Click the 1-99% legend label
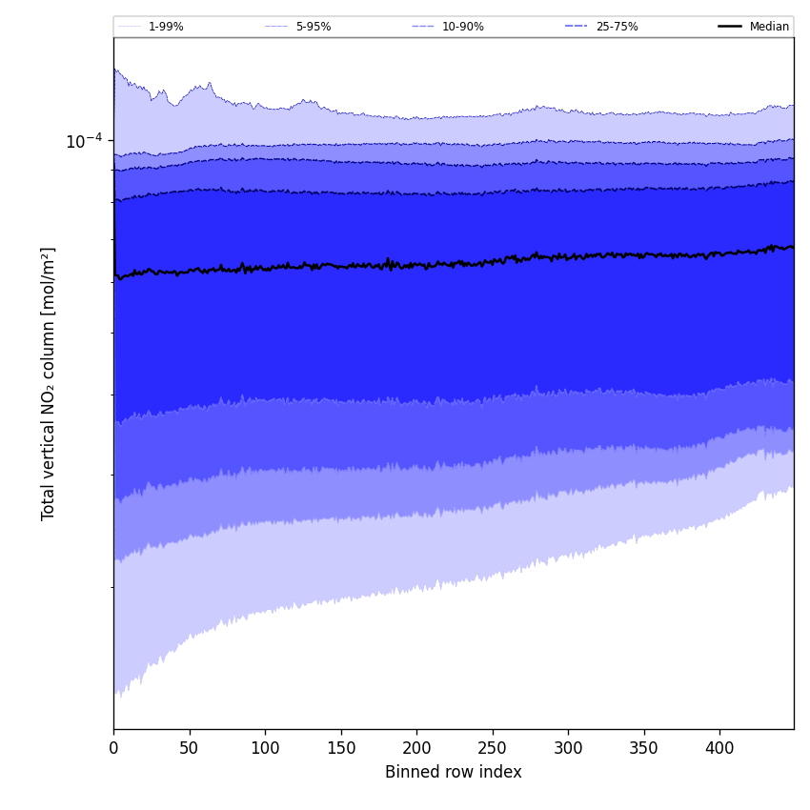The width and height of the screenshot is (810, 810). point(166,27)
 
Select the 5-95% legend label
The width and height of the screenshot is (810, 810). point(314,27)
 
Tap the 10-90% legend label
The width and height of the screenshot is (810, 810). point(462,27)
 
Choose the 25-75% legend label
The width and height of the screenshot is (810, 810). point(617,27)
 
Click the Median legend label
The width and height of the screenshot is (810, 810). point(769,27)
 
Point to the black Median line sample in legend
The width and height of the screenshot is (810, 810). point(730,27)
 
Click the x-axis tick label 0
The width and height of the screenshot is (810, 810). point(113,748)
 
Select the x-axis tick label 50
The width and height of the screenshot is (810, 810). point(190,748)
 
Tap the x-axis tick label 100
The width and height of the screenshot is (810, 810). point(265,748)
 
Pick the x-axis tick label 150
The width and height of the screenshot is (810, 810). point(341,748)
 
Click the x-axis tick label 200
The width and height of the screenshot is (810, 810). point(416,748)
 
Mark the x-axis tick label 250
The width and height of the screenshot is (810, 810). point(493,748)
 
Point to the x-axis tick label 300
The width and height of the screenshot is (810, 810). point(568,748)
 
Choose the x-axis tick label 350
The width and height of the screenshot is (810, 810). point(644,748)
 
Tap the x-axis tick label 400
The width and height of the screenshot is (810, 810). point(719,748)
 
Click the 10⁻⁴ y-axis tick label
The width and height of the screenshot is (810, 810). point(84,142)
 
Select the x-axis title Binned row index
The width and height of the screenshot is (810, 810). point(454,773)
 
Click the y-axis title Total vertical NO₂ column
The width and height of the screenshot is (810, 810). point(49,383)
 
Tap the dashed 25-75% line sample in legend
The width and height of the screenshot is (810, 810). point(577,27)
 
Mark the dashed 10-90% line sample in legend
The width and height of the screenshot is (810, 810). point(423,27)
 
